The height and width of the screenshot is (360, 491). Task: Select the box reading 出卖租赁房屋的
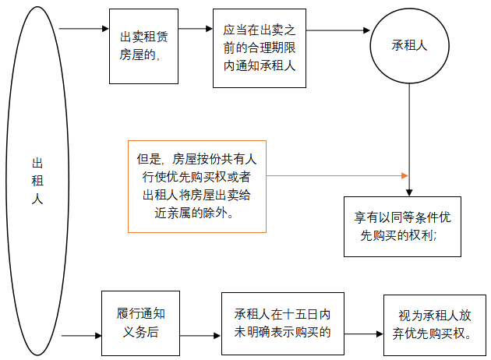tap(140, 46)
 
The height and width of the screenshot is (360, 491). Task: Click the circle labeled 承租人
tap(409, 45)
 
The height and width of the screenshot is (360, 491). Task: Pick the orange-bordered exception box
tap(197, 185)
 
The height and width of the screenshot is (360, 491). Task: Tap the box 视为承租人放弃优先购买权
tap(433, 324)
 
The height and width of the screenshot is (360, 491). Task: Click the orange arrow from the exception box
tap(335, 175)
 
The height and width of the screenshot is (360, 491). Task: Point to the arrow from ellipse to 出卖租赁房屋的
tap(83, 29)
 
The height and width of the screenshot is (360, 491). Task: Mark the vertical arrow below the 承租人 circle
tap(410, 140)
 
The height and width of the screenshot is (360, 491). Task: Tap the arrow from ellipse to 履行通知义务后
tap(82, 336)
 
